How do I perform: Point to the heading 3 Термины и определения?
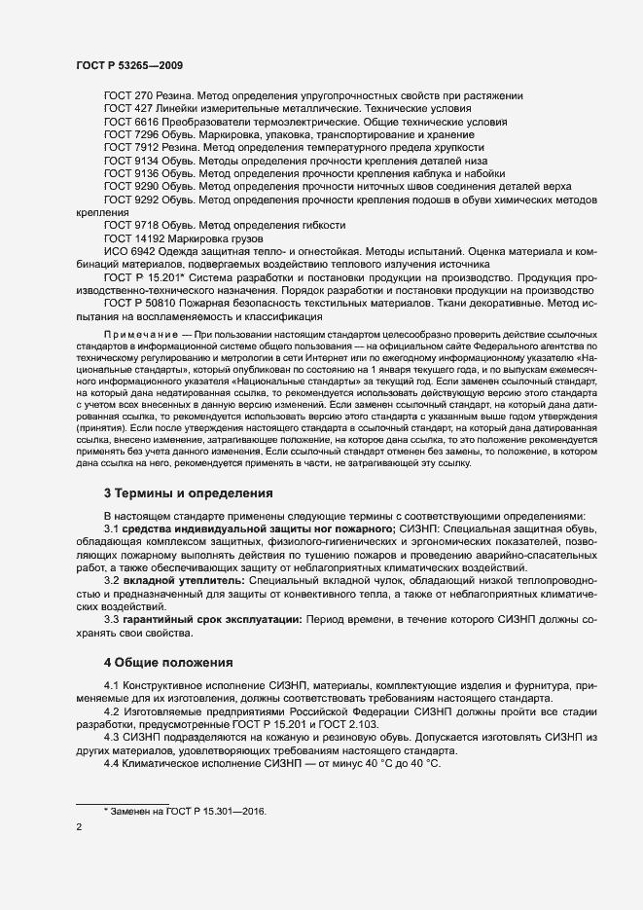tap(189, 492)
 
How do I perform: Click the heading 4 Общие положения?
tap(168, 663)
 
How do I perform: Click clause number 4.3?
tap(112, 739)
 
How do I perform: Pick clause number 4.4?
tap(112, 765)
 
